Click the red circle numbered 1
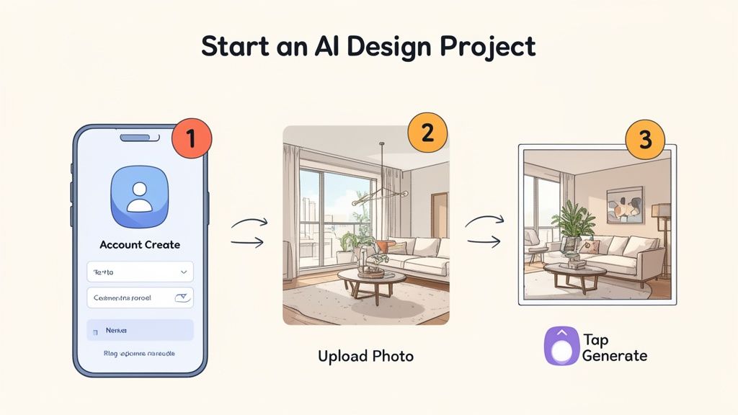point(190,139)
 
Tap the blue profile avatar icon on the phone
point(141,192)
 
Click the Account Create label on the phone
point(140,245)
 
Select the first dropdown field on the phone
point(140,272)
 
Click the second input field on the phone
point(140,297)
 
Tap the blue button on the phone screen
point(140,330)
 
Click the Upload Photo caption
point(366,356)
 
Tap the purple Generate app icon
point(561,347)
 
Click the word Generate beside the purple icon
point(615,356)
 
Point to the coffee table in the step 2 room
point(371,278)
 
